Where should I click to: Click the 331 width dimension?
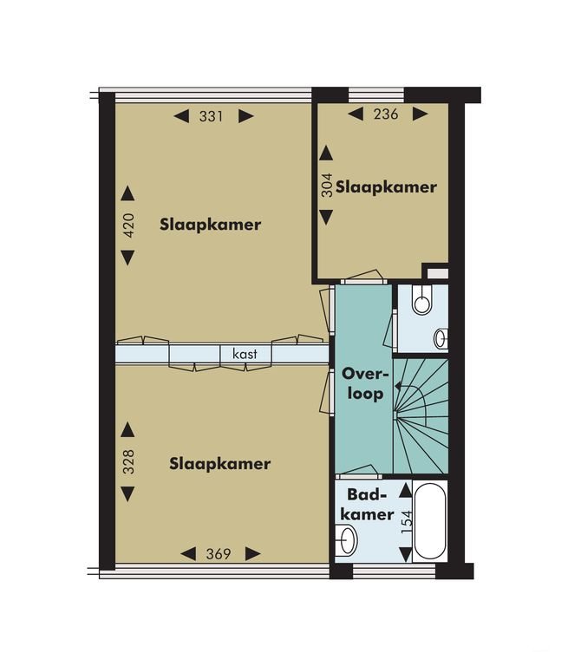(x=211, y=116)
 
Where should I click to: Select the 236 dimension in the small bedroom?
(x=386, y=114)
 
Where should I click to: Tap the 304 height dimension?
(x=326, y=185)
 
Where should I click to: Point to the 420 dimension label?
(x=127, y=225)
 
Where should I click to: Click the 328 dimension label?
(x=127, y=461)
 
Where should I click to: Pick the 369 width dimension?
(x=219, y=554)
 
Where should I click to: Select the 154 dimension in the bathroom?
(x=407, y=522)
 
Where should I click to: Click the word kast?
(x=245, y=354)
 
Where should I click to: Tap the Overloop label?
(x=365, y=384)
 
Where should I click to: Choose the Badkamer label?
(x=368, y=504)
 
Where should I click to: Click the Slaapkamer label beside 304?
(x=386, y=187)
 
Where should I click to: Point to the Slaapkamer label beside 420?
(x=211, y=225)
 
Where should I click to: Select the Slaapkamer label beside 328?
(x=220, y=463)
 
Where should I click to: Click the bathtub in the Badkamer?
(x=430, y=521)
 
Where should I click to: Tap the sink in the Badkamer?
(x=348, y=540)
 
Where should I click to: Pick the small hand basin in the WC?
(x=441, y=338)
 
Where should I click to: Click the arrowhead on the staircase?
(x=398, y=386)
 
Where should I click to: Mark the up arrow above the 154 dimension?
(x=406, y=491)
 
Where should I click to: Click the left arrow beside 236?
(x=356, y=114)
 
